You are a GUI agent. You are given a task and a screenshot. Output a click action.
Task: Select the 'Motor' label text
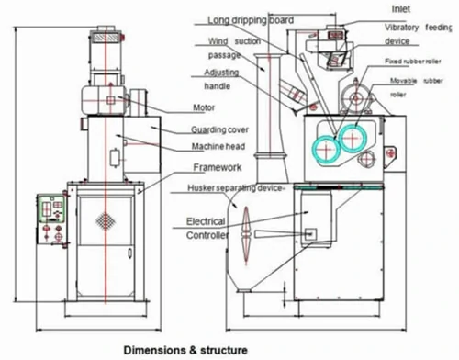tap(204, 106)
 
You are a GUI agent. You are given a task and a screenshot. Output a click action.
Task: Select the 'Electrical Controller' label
tap(207, 229)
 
